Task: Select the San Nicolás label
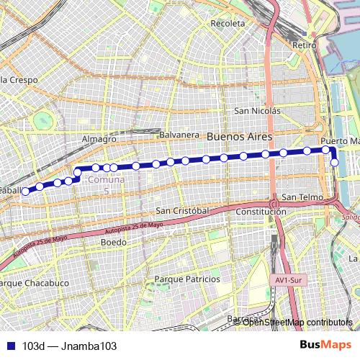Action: [x=258, y=111]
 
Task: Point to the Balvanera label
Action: [x=179, y=135]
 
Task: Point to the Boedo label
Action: [x=113, y=243]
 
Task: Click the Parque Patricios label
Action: [x=187, y=279]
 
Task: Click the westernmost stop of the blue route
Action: [x=25, y=192]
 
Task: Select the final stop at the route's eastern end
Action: [x=334, y=163]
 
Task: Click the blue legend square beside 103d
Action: [x=9, y=346]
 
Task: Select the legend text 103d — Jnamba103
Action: [x=69, y=346]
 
